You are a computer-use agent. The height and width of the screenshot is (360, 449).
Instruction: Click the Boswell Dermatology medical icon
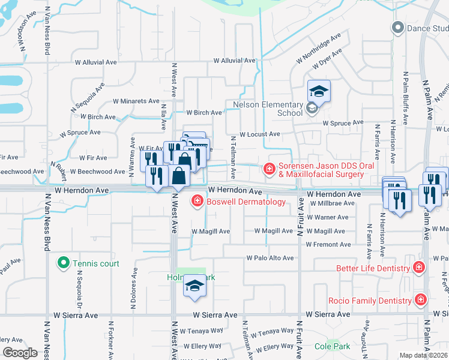point(197,202)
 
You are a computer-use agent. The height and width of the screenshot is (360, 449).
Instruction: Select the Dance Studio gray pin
point(397,28)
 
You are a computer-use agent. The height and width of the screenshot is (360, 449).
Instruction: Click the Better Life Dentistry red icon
point(419,268)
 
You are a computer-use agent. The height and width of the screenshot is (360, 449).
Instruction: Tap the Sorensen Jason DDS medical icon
point(270,169)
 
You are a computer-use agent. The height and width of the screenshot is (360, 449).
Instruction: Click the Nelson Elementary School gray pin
point(312,108)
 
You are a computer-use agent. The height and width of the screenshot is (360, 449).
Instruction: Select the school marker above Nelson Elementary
point(319,91)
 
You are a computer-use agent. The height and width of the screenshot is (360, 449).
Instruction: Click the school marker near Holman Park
point(194,287)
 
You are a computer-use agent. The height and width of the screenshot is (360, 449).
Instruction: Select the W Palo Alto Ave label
point(270,258)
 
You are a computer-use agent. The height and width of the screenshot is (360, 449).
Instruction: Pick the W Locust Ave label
point(260,134)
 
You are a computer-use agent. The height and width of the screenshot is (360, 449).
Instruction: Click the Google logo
point(20,353)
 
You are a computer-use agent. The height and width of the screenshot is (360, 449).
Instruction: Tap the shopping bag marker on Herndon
point(179,176)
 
